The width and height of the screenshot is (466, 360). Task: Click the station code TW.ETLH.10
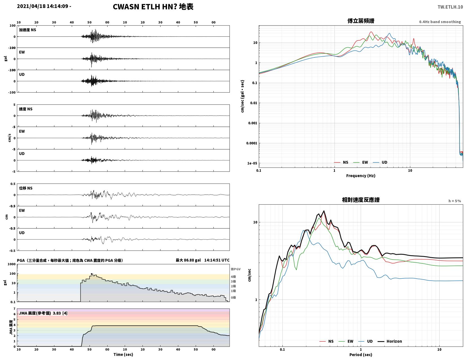click(450, 7)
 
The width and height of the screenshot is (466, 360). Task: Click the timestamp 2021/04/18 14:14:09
click(43, 6)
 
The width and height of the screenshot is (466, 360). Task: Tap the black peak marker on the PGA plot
click(92, 274)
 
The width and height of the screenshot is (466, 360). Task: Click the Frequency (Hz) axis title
click(361, 176)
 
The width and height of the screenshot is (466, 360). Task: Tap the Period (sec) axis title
click(361, 355)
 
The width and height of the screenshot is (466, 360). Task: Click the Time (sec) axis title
click(123, 354)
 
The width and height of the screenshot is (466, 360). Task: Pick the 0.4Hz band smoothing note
click(440, 22)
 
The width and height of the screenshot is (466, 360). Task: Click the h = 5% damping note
click(455, 201)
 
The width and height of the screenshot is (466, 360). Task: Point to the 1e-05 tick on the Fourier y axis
click(252, 163)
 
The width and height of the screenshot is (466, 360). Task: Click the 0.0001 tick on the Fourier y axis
click(251, 143)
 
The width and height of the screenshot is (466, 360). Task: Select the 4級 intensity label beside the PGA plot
click(233, 277)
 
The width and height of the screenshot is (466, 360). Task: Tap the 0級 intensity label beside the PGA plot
click(233, 298)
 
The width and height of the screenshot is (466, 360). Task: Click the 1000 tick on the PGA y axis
click(12, 264)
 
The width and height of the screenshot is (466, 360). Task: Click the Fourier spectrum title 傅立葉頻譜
click(361, 21)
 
